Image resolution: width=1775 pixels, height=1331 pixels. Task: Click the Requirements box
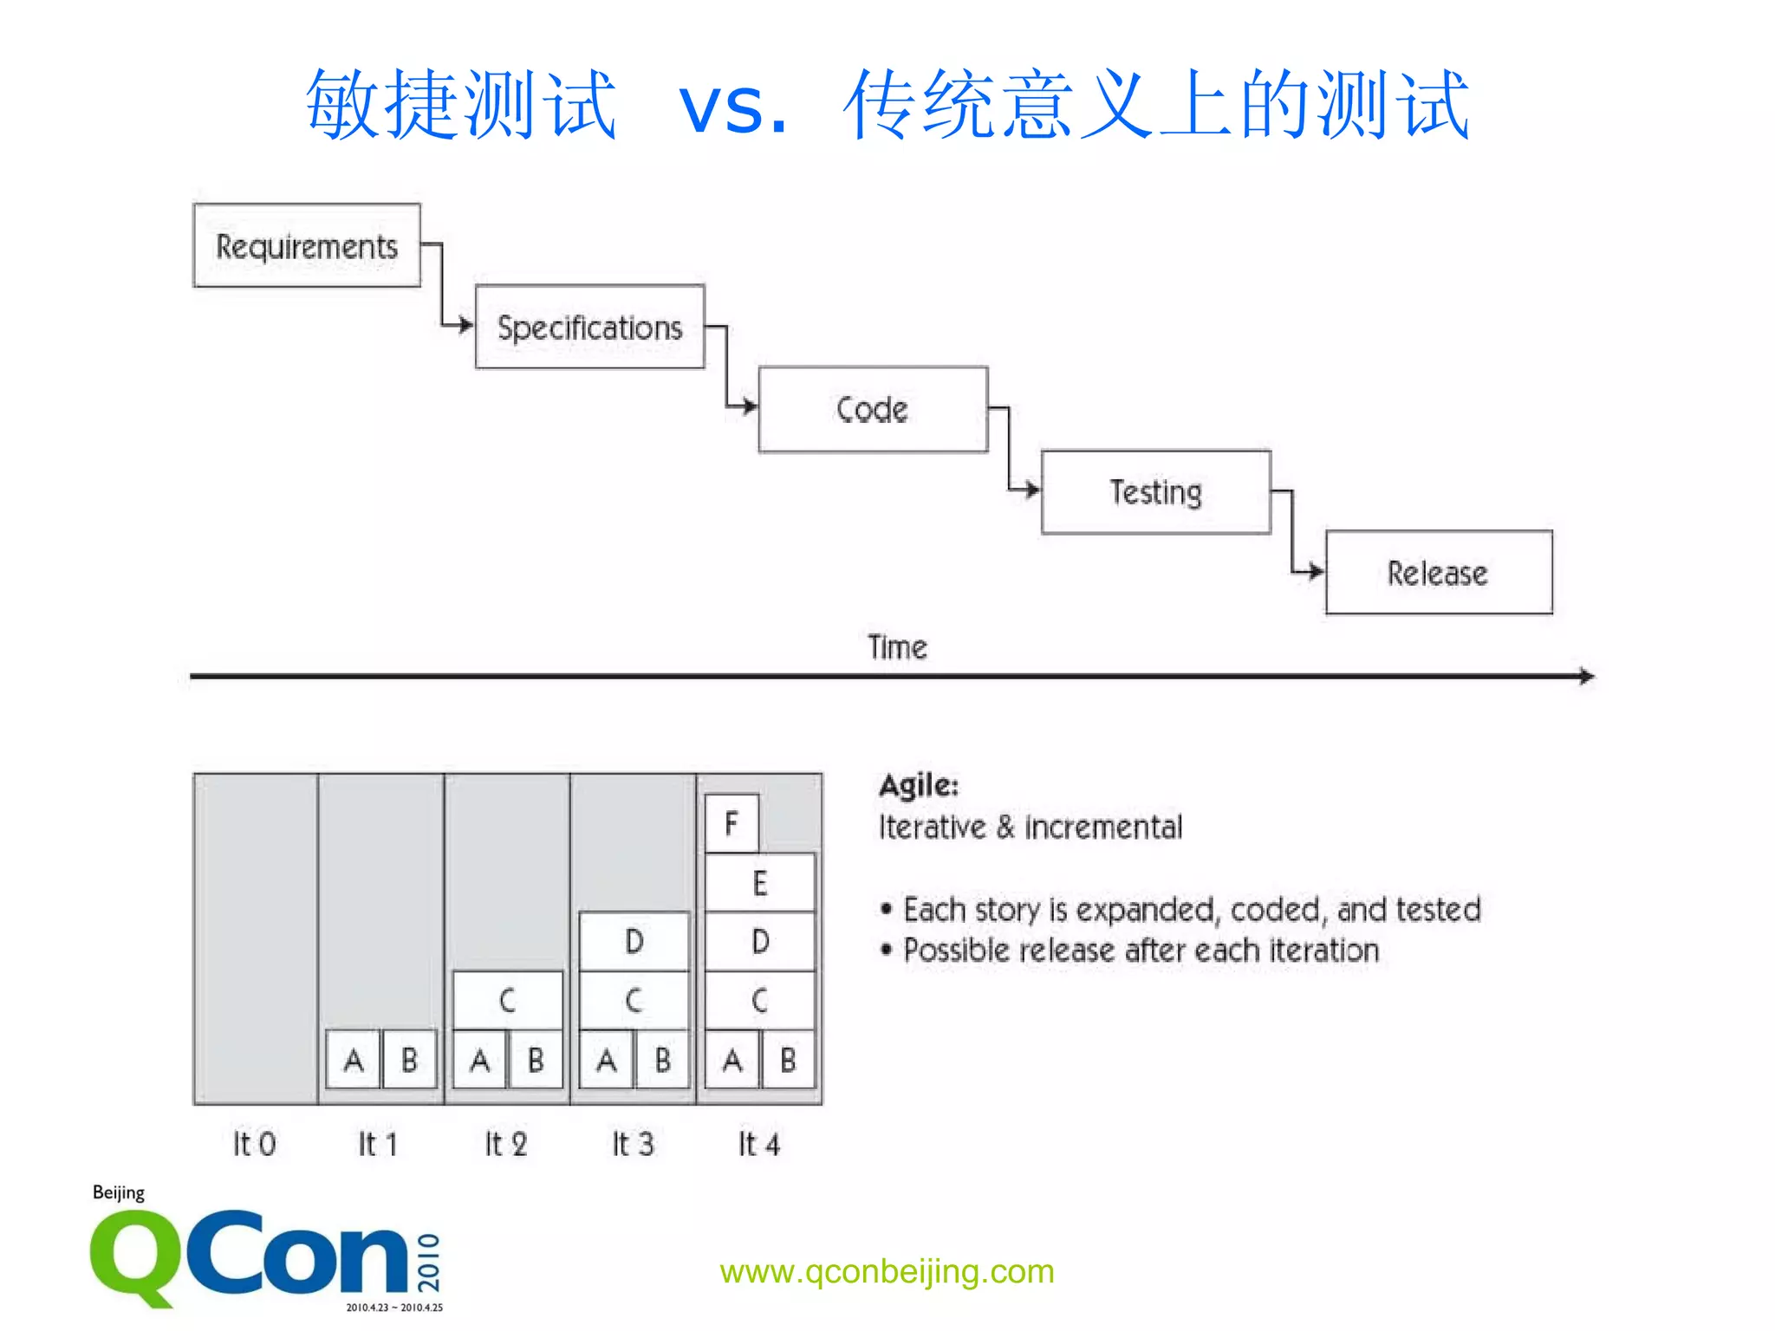pos(307,246)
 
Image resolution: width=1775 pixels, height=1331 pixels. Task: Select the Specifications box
pos(589,328)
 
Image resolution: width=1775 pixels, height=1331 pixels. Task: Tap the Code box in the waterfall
pos(873,409)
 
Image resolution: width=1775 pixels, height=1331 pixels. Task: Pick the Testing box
pos(1155,492)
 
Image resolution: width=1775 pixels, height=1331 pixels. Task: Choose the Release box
pos(1438,573)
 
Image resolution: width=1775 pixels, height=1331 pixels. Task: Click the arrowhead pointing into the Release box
pos(1317,571)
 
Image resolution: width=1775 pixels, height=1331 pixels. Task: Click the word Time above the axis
pos(897,647)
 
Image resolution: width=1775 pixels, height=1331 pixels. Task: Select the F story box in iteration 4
pos(731,823)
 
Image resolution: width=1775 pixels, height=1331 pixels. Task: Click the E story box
pos(760,883)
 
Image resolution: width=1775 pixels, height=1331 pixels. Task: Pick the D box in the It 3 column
pos(634,941)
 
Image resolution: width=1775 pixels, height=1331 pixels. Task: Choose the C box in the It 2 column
pos(508,1001)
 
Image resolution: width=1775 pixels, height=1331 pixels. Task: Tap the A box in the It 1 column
pos(354,1059)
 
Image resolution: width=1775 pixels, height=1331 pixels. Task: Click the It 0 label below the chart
pos(254,1144)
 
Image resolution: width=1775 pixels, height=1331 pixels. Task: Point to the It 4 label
pos(759,1144)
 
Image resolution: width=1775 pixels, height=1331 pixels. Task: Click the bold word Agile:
pos(919,785)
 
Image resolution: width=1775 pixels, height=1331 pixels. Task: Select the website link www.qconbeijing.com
pos(887,1271)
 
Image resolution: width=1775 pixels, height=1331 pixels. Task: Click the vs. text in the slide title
pos(732,108)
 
